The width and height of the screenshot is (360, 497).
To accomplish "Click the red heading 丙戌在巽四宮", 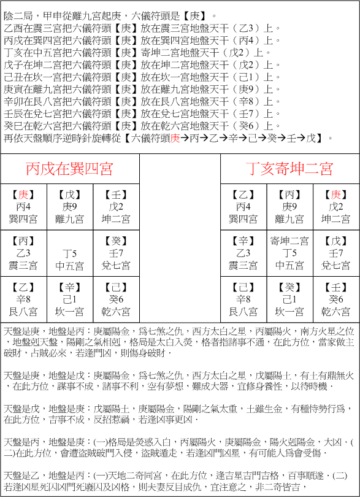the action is [69, 169].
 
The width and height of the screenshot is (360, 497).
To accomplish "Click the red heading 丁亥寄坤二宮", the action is [289, 169].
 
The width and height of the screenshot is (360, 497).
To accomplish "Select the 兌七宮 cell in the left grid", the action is [116, 254].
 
